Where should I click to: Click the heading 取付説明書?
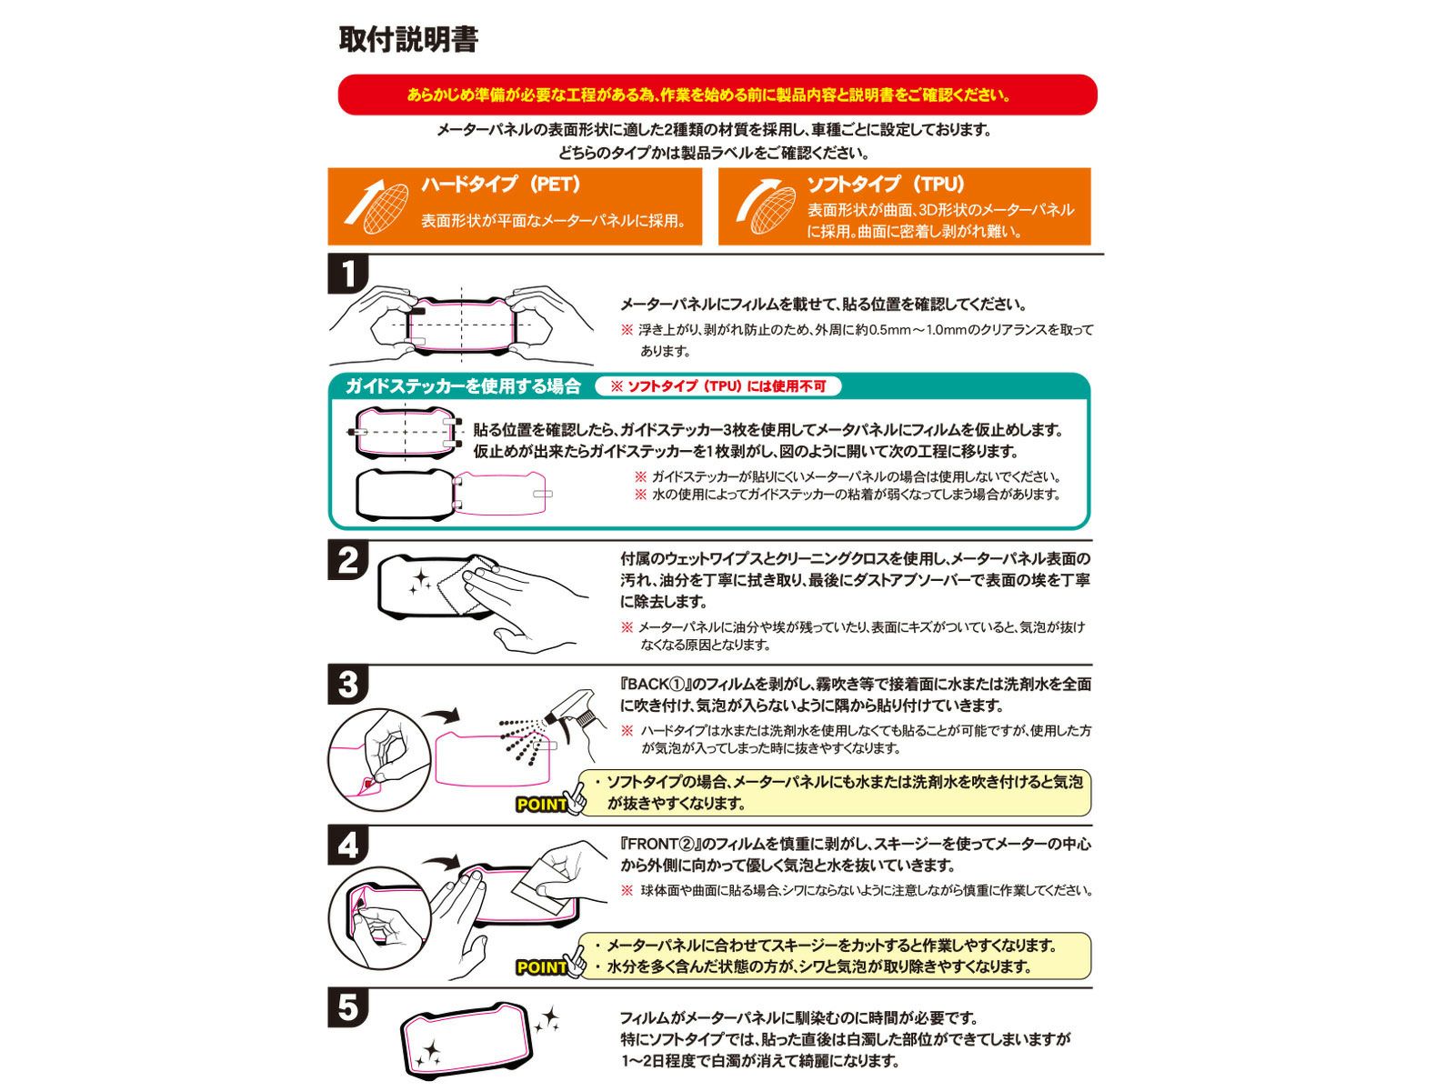(408, 39)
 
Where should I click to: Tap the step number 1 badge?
(347, 274)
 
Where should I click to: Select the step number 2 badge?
(347, 560)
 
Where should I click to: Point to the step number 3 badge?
(347, 685)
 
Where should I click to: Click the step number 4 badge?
(347, 846)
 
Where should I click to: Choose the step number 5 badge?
(347, 1008)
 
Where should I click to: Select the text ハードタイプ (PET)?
(501, 185)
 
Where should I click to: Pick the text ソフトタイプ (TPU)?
(886, 185)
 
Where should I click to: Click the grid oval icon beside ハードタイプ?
(386, 208)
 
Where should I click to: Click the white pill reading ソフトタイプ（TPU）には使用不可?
(717, 386)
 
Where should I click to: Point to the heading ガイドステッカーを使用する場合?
(463, 386)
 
